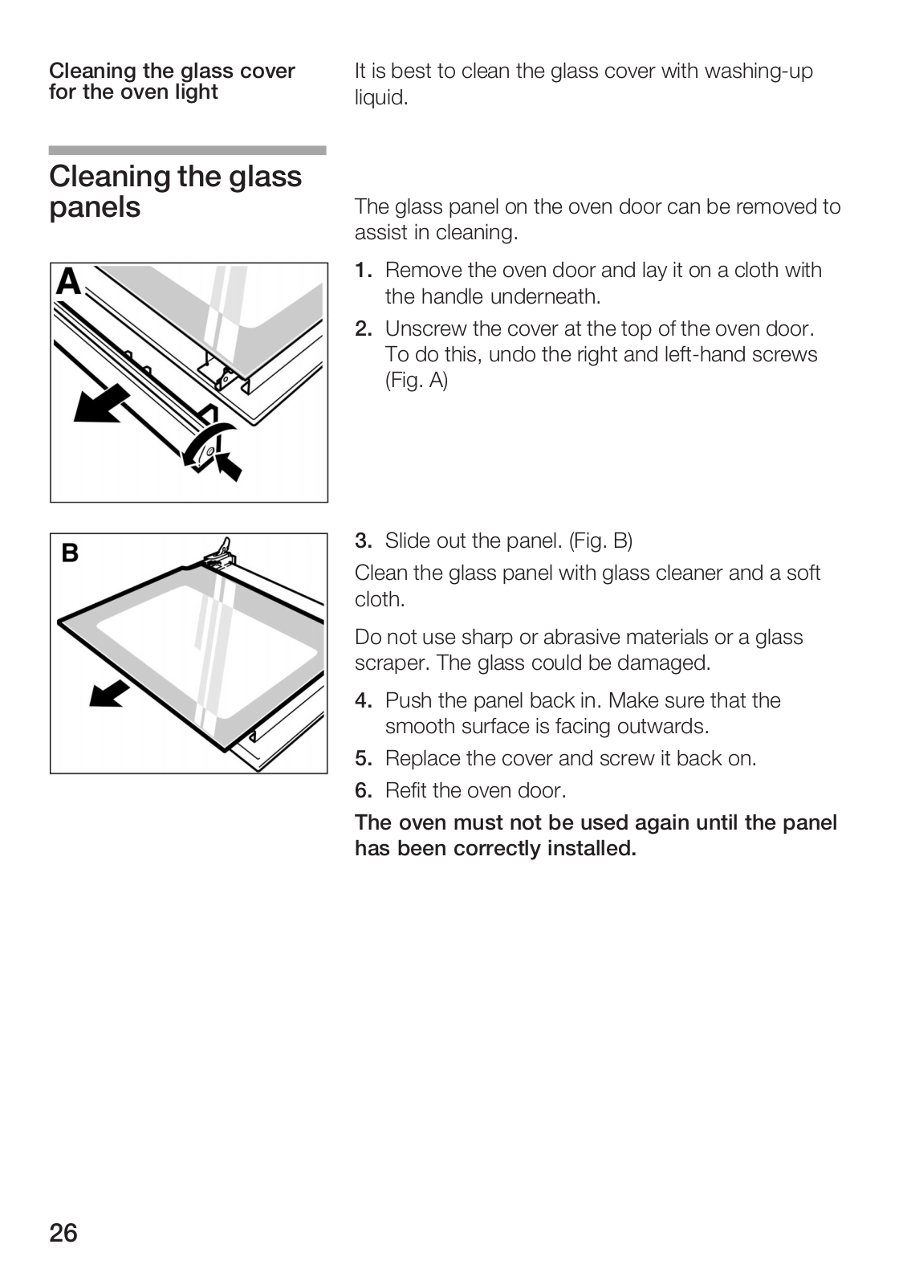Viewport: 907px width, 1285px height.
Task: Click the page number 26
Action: (x=63, y=1233)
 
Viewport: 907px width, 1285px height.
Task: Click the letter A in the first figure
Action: (x=69, y=283)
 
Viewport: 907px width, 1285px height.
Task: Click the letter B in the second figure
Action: (x=71, y=553)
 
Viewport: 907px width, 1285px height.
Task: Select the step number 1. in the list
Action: (x=364, y=271)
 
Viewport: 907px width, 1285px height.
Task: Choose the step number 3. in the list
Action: (x=364, y=541)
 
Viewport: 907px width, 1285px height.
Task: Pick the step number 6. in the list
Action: (x=364, y=791)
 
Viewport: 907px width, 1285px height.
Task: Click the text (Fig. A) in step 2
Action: (x=416, y=381)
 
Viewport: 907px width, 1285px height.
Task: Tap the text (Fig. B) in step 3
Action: (x=600, y=541)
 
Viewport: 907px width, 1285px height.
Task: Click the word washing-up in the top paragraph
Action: (x=759, y=71)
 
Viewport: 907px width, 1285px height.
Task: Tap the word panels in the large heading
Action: (x=95, y=208)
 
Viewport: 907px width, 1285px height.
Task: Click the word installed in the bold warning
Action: (x=591, y=849)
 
